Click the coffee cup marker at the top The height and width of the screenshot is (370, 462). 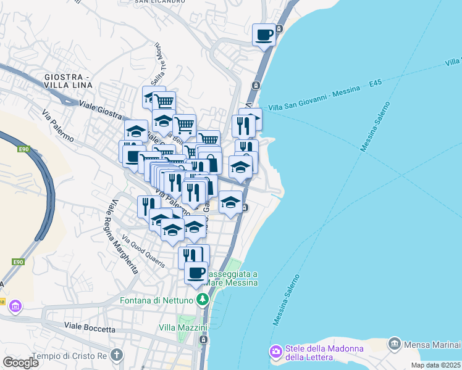click(264, 35)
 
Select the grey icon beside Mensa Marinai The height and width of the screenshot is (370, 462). click(394, 343)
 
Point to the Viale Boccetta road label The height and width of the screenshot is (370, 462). click(90, 327)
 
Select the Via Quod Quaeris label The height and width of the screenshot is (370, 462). click(144, 252)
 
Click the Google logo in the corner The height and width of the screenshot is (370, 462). click(20, 362)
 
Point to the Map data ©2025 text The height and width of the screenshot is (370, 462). click(436, 365)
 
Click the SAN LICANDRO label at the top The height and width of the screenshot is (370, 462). click(159, 2)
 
